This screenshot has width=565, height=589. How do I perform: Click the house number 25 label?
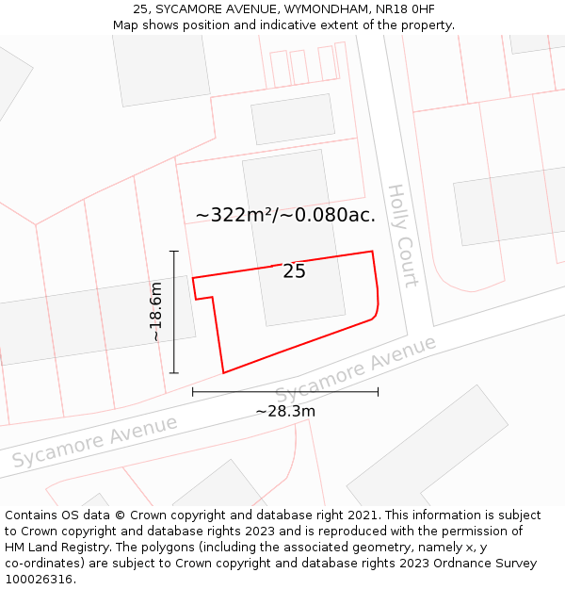(294, 271)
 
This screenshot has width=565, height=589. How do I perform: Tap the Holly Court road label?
(402, 236)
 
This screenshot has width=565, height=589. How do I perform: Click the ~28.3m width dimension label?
(284, 411)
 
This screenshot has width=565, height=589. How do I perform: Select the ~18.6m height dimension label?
(156, 312)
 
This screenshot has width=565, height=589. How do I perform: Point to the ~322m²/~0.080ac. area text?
(285, 215)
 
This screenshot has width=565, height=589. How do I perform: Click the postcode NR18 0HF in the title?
(408, 9)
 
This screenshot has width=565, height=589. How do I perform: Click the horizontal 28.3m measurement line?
(284, 391)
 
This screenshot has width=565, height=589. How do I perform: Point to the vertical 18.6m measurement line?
(174, 312)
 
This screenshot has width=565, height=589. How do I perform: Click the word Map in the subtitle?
(125, 25)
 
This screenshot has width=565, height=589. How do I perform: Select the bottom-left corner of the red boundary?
(223, 372)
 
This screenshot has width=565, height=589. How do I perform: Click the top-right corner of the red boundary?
(372, 252)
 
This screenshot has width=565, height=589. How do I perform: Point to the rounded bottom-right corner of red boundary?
(375, 315)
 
